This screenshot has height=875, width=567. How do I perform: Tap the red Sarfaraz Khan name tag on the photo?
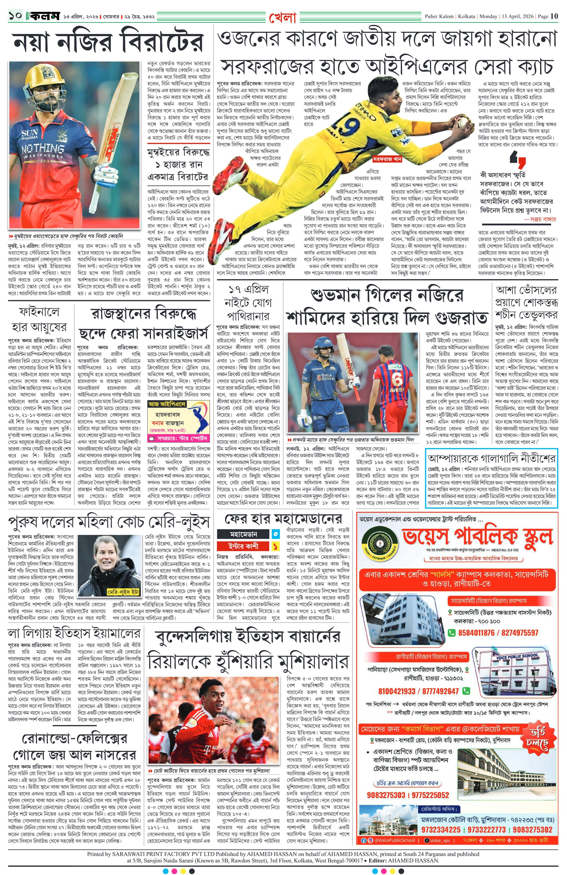click(387, 160)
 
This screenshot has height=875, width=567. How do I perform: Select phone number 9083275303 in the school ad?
click(386, 795)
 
